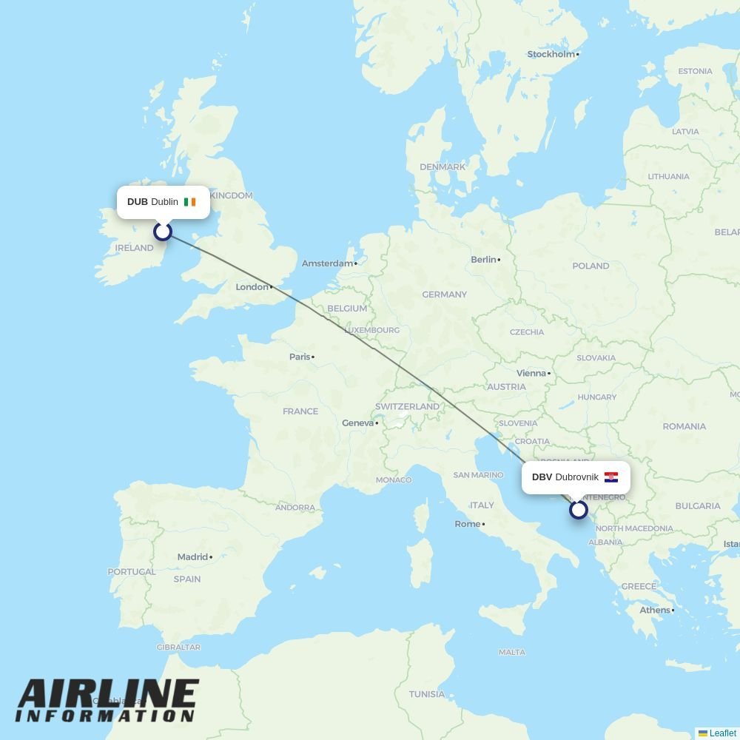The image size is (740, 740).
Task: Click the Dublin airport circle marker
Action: [x=163, y=232]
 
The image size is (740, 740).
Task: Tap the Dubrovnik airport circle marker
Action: [x=579, y=509]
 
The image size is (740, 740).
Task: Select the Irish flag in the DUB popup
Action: [x=190, y=202]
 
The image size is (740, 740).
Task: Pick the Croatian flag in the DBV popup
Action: [x=611, y=477]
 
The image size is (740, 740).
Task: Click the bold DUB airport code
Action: [x=138, y=202]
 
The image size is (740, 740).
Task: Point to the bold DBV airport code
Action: [x=542, y=477]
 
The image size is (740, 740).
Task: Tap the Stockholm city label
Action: [x=551, y=54]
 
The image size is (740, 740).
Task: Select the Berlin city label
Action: [x=484, y=260]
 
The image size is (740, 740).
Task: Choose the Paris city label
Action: [x=300, y=357]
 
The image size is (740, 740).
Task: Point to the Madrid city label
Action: [x=192, y=557]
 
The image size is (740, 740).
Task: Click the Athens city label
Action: [x=655, y=610]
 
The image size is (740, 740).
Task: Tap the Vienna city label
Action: [x=531, y=374]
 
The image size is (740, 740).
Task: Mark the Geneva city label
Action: [x=358, y=423]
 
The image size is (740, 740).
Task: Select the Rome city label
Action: [x=468, y=524]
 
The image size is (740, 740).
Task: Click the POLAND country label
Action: [x=591, y=266]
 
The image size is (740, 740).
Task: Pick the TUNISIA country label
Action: [x=427, y=694]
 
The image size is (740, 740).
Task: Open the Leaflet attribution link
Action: [x=722, y=733]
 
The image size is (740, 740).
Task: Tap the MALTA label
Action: [x=512, y=652]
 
